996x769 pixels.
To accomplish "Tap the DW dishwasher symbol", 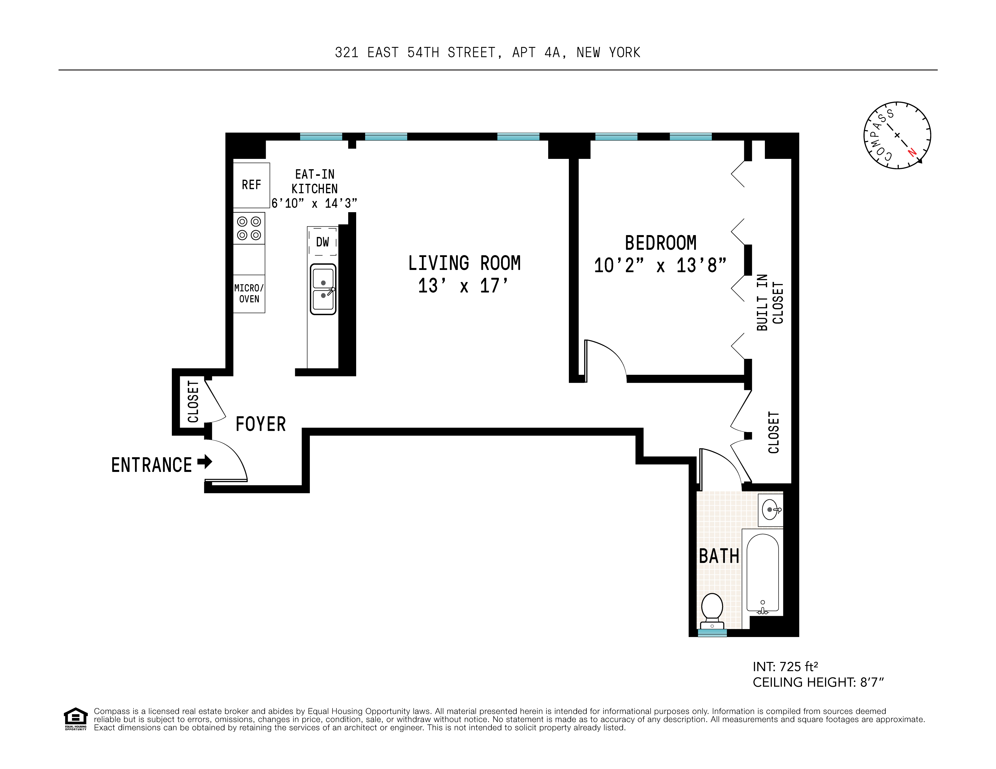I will click(323, 242).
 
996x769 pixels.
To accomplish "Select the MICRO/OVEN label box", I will click(249, 294).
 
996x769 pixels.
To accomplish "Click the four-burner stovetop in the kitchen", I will click(249, 228).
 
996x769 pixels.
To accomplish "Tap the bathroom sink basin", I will click(770, 510).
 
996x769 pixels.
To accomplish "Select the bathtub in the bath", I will click(763, 573).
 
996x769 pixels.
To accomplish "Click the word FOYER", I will click(261, 424).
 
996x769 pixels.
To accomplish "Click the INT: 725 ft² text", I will click(785, 667).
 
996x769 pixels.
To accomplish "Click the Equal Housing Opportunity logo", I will click(75, 719).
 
